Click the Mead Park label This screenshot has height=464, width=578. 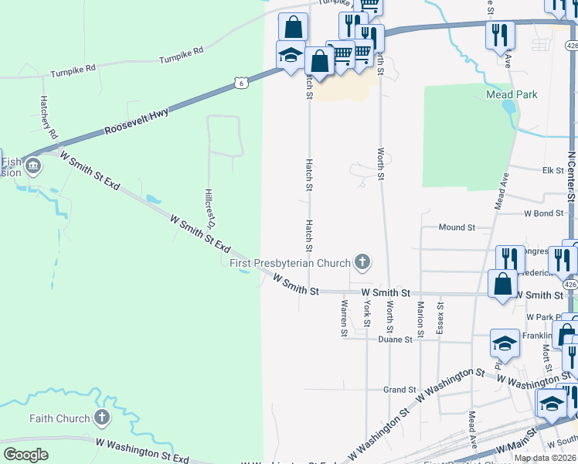pos(512,94)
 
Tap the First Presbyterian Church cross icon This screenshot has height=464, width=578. pos(361,263)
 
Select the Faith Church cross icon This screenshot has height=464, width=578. pos(100,418)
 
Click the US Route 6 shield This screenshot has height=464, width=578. pos(242,83)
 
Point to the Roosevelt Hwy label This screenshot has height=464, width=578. pos(138,121)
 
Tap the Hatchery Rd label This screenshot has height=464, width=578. pos(49,118)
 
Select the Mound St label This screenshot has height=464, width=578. pos(457,227)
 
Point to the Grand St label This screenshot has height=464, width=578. pos(400,390)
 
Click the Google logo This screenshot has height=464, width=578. pos(25,455)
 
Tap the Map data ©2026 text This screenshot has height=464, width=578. pos(545,458)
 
